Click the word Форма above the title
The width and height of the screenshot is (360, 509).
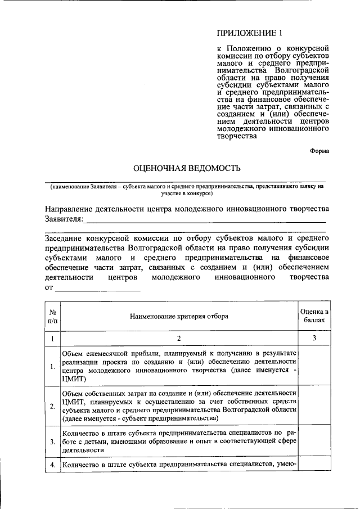[319, 150]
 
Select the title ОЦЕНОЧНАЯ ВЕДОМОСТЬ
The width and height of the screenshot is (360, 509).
[186, 168]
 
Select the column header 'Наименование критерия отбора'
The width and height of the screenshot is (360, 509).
[179, 317]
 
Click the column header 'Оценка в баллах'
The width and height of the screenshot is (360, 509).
[314, 317]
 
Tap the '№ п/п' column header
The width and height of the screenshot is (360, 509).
[52, 317]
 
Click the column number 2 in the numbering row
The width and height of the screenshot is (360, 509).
[179, 339]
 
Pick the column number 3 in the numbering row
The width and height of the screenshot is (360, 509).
[314, 339]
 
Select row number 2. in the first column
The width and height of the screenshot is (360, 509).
[52, 406]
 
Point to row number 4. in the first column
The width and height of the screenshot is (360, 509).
[52, 465]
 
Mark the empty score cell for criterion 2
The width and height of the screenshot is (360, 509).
[314, 406]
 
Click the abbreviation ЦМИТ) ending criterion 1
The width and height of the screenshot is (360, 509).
[74, 380]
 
